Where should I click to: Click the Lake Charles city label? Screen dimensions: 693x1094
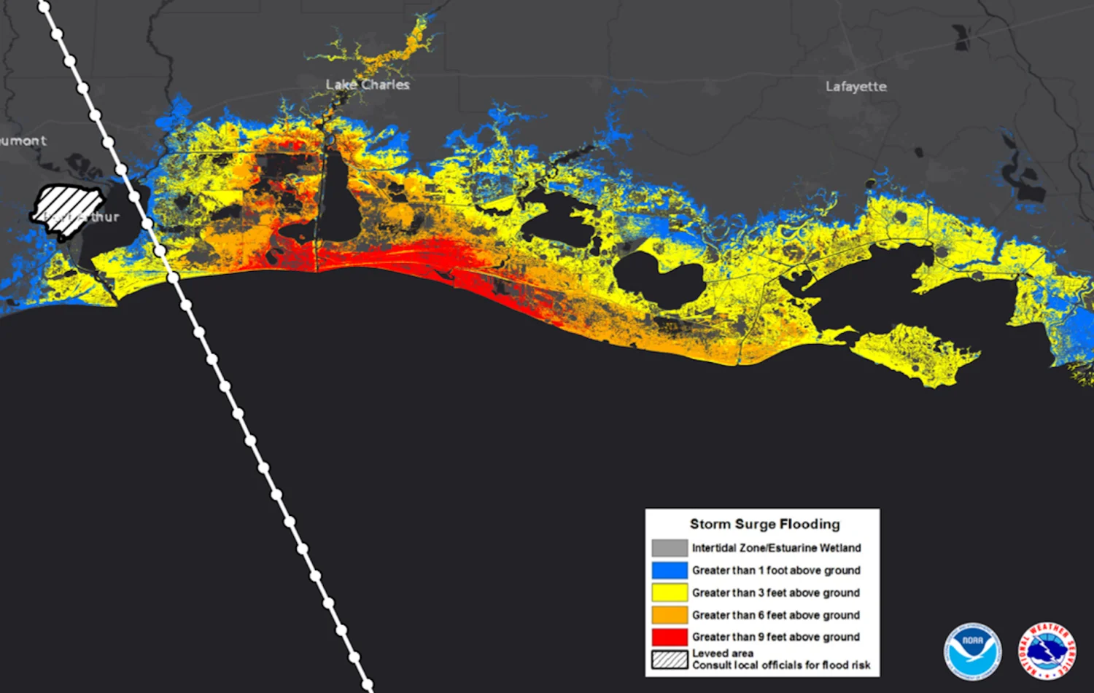(368, 85)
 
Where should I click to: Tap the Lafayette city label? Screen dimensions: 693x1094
(856, 87)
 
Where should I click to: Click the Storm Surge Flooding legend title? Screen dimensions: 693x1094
(764, 524)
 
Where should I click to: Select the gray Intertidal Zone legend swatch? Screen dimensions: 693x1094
(670, 548)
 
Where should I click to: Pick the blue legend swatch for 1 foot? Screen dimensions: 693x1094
(670, 571)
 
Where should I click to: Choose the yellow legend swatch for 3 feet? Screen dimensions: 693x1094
(670, 593)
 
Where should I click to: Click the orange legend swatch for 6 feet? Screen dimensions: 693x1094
(670, 615)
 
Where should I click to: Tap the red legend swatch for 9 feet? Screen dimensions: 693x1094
(670, 637)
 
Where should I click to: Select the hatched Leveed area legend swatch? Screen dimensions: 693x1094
(670, 659)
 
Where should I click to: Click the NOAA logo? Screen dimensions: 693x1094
(972, 651)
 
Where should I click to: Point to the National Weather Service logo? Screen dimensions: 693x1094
(1047, 651)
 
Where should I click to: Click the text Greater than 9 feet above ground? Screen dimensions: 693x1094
(776, 637)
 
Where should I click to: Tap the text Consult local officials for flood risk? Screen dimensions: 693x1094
(781, 665)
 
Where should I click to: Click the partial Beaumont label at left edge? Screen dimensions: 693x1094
(23, 141)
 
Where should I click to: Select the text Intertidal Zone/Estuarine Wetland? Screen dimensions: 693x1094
(776, 548)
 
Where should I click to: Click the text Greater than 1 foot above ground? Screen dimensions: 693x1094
(776, 571)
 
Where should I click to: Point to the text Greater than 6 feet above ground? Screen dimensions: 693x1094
(776, 615)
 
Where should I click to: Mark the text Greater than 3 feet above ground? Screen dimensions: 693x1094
(776, 593)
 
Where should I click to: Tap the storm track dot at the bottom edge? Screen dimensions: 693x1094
(368, 685)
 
